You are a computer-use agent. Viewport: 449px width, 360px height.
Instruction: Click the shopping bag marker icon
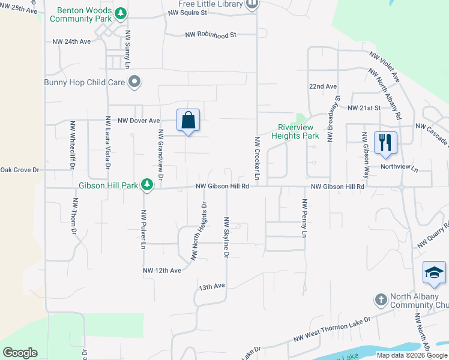click(188, 120)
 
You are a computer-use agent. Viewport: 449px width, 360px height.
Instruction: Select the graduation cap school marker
click(434, 273)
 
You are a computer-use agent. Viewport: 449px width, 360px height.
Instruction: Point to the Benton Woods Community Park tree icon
click(121, 13)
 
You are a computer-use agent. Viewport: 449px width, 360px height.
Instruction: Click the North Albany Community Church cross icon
click(380, 299)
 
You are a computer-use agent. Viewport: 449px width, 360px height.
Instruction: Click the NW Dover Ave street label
click(139, 121)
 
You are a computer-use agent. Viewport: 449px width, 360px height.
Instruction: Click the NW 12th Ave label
click(161, 271)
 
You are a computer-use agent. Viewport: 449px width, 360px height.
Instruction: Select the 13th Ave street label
click(211, 287)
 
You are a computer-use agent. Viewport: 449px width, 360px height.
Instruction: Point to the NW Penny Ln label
click(304, 219)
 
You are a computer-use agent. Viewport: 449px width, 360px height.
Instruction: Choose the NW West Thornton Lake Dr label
click(332, 329)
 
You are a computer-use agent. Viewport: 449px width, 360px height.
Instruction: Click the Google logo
click(20, 353)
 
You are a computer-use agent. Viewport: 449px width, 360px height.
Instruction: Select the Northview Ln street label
click(399, 169)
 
